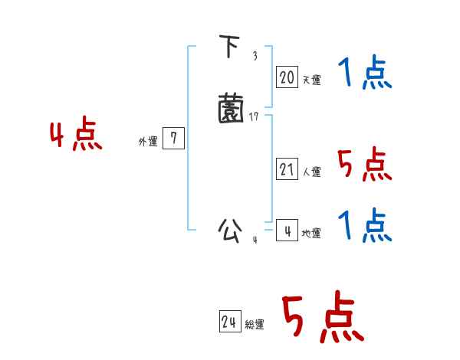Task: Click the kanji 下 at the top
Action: [x=229, y=48]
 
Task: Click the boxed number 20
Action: [x=287, y=77]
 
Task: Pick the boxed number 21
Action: [x=287, y=169]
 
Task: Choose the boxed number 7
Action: [x=174, y=139]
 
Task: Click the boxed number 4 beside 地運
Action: [x=287, y=230]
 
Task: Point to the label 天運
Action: [x=311, y=80]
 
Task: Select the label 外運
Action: [x=148, y=142]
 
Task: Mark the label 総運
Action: [x=255, y=326]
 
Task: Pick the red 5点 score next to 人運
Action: [x=365, y=165]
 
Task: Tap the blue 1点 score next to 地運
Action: [x=365, y=226]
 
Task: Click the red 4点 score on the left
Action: [x=76, y=136]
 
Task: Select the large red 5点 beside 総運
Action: [x=322, y=318]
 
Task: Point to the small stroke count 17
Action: [x=255, y=116]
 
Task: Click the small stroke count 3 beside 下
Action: [x=255, y=55]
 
